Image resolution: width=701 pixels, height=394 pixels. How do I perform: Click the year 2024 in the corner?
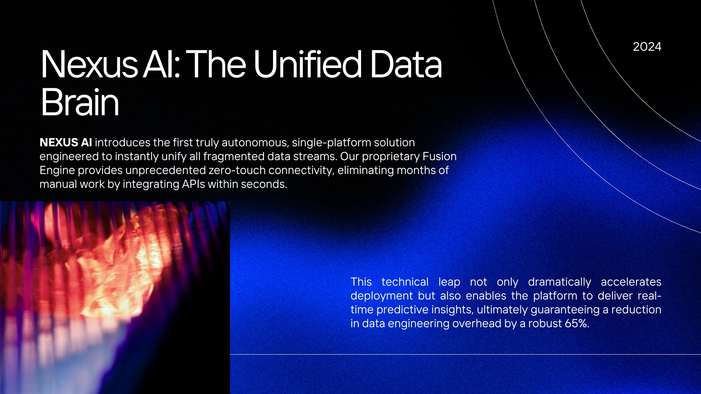pos(647,47)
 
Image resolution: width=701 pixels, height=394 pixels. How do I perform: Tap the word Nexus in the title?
pos(89,64)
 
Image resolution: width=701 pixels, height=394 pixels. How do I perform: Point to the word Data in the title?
pos(406,64)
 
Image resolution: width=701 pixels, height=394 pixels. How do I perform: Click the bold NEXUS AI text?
pos(66,142)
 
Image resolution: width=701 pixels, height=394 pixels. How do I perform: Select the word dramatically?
pos(559,282)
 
